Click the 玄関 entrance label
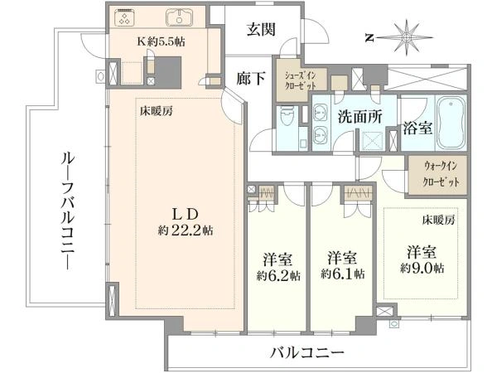[261, 30]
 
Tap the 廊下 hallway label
[251, 79]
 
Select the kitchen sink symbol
[180, 17]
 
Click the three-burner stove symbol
[124, 17]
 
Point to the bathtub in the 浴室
[451, 123]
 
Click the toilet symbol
[287, 115]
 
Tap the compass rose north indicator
[407, 38]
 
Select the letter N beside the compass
[369, 38]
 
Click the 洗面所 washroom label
[360, 117]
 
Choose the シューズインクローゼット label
[300, 80]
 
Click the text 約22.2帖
[186, 230]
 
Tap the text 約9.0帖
[422, 269]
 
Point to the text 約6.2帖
[278, 276]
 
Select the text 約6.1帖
[342, 274]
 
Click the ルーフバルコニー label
[68, 211]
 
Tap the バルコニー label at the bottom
[306, 352]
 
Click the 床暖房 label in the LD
[157, 111]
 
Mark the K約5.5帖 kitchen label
[161, 41]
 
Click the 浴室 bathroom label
[417, 128]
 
